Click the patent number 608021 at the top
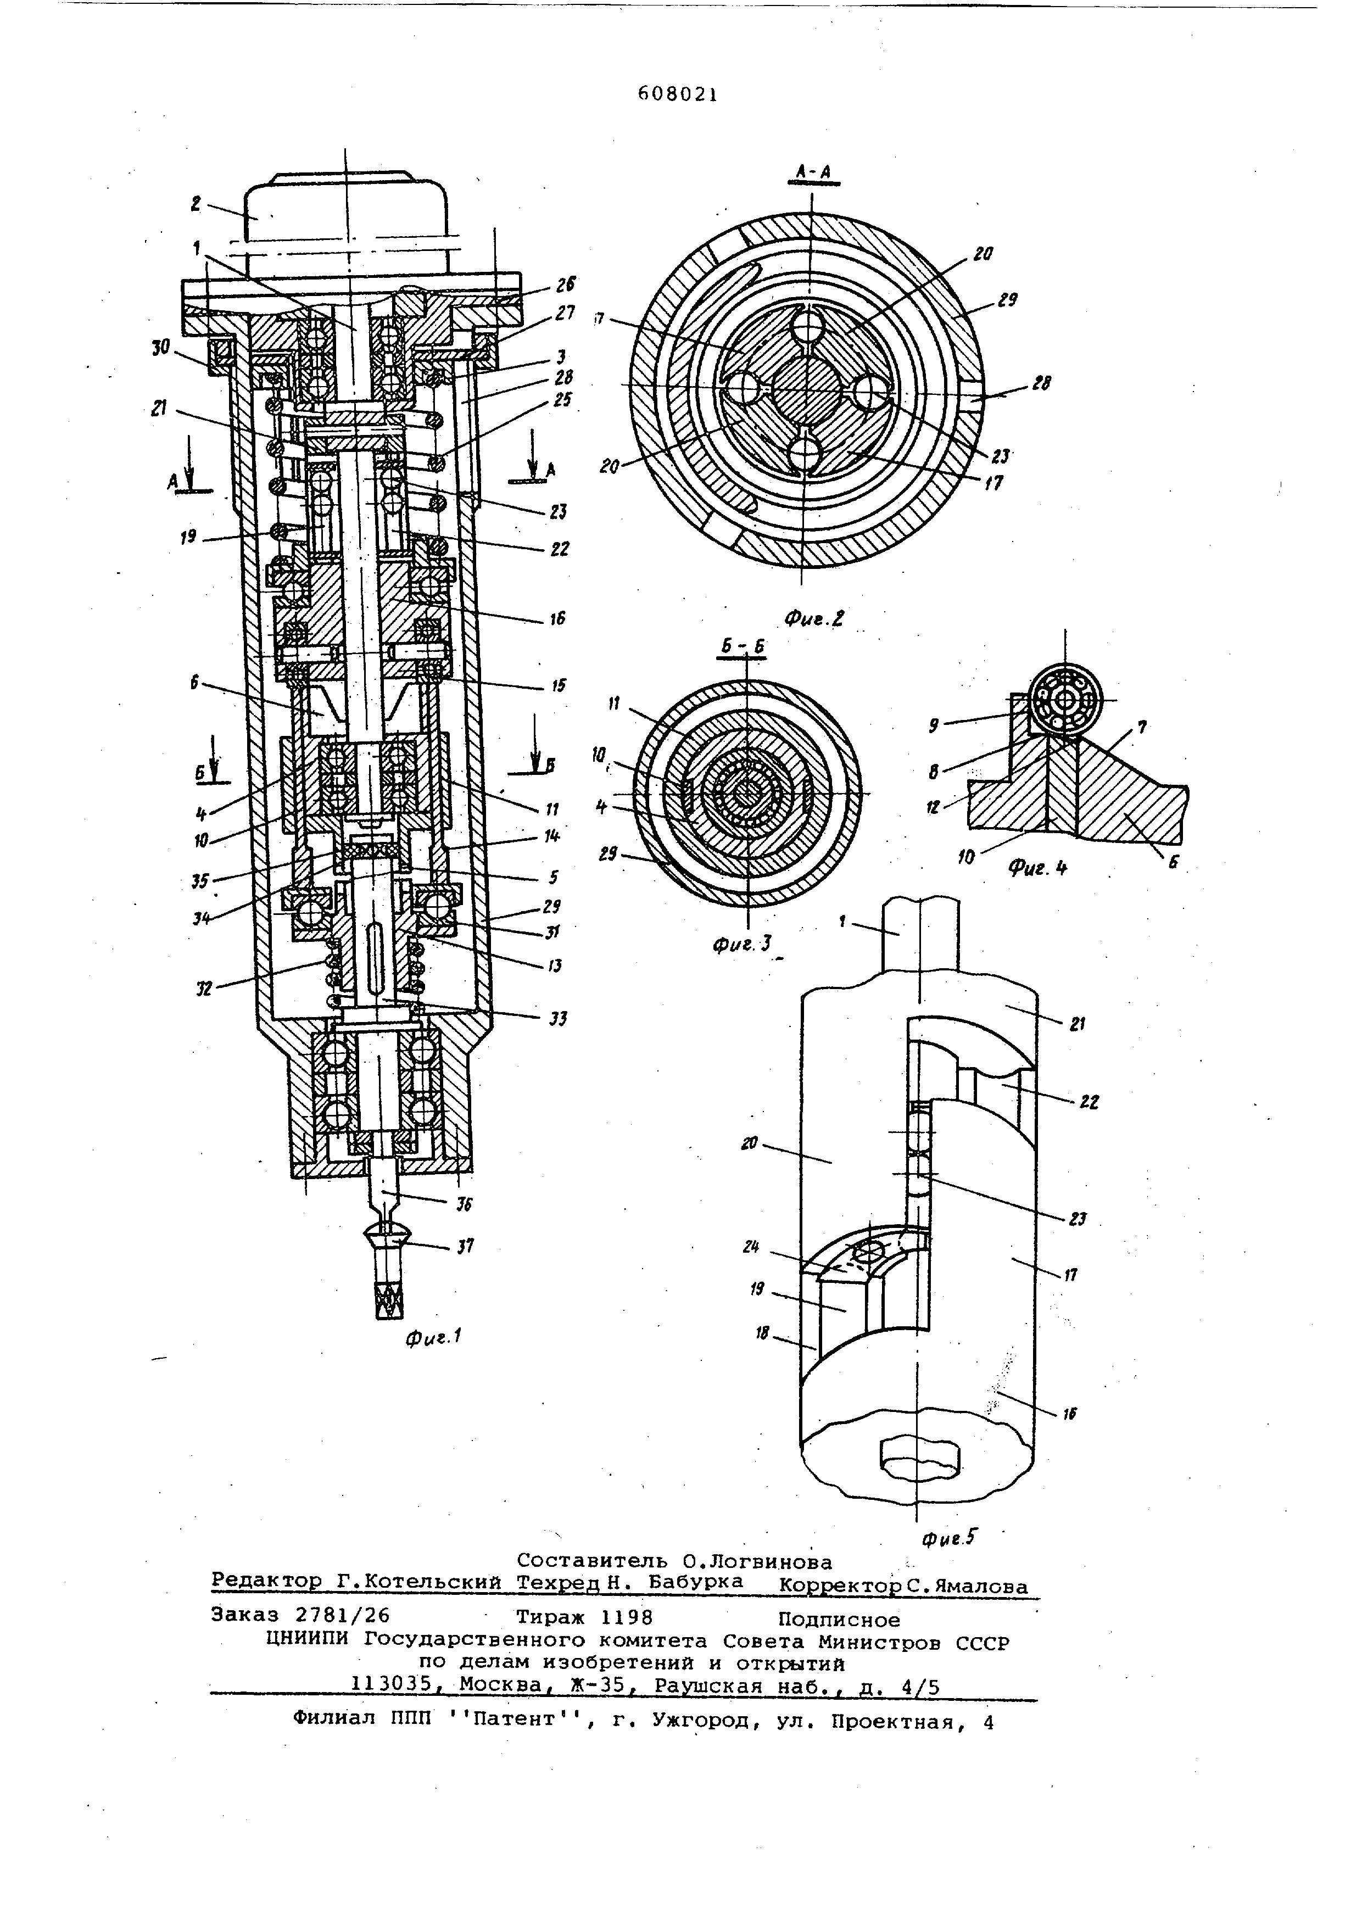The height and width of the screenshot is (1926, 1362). pos(677,94)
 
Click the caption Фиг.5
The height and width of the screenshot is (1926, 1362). pos(950,1537)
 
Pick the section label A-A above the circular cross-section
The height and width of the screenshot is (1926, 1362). pos(813,173)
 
